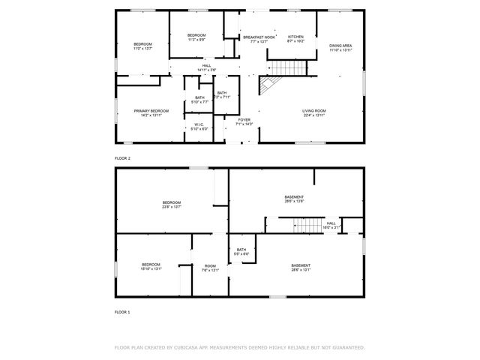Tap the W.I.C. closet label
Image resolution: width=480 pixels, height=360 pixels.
[x=199, y=127]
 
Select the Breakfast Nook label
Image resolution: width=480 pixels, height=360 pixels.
[x=258, y=39]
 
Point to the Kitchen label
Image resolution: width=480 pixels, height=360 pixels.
[x=295, y=39]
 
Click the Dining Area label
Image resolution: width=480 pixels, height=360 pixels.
[x=340, y=48]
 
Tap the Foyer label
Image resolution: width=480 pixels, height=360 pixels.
[x=244, y=121]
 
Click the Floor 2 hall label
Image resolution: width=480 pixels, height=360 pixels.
[x=207, y=67]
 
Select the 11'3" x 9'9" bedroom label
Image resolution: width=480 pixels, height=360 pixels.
[x=196, y=37]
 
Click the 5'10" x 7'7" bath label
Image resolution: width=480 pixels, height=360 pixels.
[x=199, y=100]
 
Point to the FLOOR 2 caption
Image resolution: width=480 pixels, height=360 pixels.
[x=122, y=158]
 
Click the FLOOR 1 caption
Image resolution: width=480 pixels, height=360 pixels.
[x=122, y=311]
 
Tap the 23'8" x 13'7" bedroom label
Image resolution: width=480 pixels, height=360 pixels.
[x=172, y=205]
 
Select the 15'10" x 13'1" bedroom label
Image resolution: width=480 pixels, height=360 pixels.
[x=151, y=266]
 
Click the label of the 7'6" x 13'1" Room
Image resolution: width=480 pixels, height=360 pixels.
[x=210, y=268]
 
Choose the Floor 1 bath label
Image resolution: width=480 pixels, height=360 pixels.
[x=241, y=252]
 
